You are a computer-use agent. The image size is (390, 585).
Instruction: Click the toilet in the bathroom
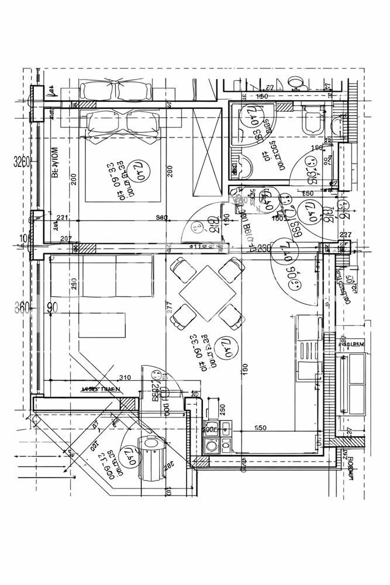[x=311, y=122]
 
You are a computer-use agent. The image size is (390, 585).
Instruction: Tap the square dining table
[x=208, y=292]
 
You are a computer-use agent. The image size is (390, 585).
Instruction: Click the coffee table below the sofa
[x=103, y=325]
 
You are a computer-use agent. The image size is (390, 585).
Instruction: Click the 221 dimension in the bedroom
[x=63, y=218]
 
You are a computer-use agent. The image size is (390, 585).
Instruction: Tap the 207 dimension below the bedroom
[x=65, y=238]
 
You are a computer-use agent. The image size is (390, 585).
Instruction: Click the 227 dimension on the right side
[x=346, y=236]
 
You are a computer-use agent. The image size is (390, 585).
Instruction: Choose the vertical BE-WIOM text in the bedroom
[x=57, y=166]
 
